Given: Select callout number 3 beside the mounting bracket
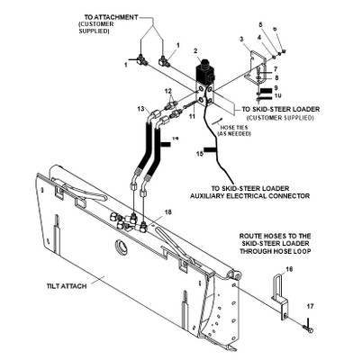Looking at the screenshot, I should [240, 40].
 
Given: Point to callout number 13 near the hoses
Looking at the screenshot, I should [141, 108].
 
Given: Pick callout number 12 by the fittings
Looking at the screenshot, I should [167, 92].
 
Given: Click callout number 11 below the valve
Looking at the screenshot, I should [191, 118].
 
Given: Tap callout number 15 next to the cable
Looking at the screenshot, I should [199, 154].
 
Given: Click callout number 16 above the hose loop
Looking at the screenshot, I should [288, 269].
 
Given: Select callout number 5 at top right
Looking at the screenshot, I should [260, 24].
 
